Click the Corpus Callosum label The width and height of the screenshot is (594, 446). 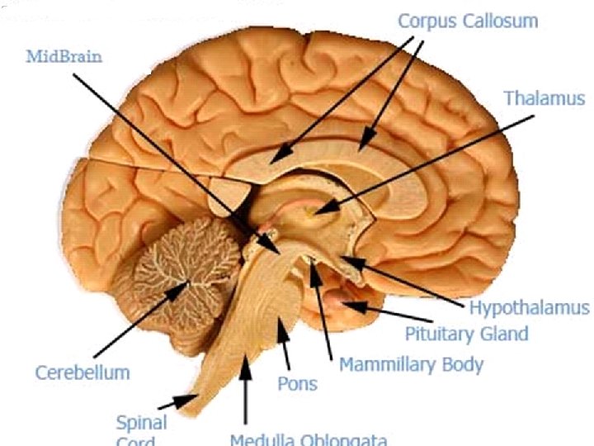[467, 21]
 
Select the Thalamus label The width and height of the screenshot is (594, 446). [544, 97]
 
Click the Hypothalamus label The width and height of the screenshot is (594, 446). [529, 308]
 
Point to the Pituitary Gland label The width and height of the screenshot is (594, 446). [466, 334]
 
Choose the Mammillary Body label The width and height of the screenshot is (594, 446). [411, 363]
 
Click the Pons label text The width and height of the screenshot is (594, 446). [297, 384]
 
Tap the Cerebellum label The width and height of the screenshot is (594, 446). [82, 372]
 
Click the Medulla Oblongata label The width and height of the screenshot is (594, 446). [308, 439]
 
